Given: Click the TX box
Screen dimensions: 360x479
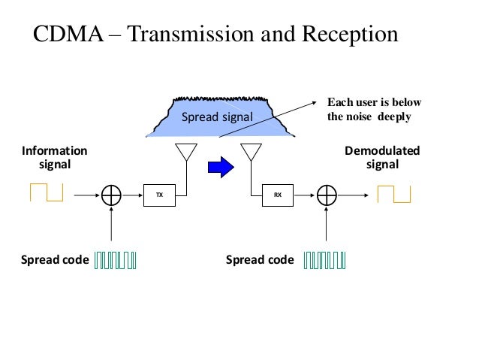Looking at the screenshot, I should coord(158,195).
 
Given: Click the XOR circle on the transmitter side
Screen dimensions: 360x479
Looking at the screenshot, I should coord(111,195).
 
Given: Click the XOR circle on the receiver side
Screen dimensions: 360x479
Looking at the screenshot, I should coord(327,195).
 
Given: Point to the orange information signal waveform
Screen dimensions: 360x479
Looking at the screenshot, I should coord(47,193).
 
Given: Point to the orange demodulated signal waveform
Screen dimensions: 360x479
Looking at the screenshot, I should coord(394,194).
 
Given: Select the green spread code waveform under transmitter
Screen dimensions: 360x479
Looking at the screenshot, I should coord(116,260).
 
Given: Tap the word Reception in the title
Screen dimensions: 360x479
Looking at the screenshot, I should coord(342,35).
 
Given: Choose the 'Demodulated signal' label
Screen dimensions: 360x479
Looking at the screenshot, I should coord(381,158).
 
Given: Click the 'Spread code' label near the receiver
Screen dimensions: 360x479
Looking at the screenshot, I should coord(260,260).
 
